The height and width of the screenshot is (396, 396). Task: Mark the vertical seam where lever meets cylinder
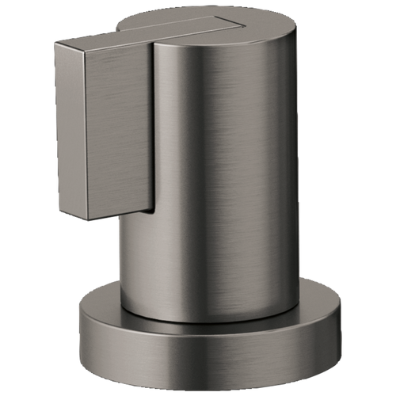[x=154, y=127]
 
